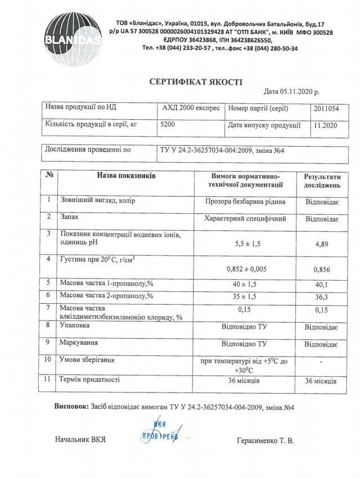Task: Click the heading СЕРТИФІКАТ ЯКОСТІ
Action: click(196, 82)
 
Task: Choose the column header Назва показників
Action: click(126, 176)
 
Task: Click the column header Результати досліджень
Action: click(322, 181)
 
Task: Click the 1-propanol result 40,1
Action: click(321, 285)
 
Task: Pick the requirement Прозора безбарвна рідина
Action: click(245, 201)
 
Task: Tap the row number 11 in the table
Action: click(48, 380)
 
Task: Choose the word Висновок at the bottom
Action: click(71, 407)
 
